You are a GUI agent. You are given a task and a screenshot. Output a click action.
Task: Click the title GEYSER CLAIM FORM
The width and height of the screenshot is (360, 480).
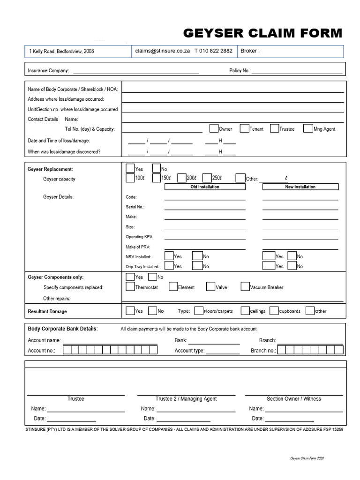click(x=262, y=33)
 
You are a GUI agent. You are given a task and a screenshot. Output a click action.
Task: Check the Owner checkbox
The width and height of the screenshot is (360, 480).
click(x=213, y=128)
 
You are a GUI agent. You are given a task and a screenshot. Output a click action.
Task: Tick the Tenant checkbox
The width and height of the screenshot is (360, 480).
click(x=244, y=128)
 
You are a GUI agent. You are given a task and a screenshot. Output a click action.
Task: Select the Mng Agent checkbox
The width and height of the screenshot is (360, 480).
click(x=308, y=128)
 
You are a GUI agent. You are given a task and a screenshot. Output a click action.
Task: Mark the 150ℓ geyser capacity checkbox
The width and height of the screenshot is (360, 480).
click(x=157, y=178)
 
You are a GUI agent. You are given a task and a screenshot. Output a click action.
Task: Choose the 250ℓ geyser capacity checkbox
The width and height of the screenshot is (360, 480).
click(x=207, y=178)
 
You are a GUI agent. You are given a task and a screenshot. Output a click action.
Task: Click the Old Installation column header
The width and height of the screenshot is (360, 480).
click(x=205, y=187)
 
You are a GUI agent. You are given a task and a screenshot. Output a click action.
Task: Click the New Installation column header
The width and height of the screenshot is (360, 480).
click(x=300, y=187)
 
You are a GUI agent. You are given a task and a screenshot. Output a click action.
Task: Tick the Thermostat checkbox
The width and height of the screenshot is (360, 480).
click(x=130, y=287)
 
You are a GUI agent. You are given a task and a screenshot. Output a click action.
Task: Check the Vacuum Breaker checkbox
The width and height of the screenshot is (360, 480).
click(x=245, y=287)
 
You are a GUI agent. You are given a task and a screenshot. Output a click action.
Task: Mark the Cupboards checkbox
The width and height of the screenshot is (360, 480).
click(x=274, y=310)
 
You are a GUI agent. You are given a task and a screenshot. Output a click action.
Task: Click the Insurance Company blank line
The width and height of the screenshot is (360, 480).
click(x=135, y=73)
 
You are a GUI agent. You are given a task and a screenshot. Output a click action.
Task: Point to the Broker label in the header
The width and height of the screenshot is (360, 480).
click(x=249, y=51)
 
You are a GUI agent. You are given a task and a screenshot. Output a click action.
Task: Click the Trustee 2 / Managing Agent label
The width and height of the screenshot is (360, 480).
click(x=186, y=399)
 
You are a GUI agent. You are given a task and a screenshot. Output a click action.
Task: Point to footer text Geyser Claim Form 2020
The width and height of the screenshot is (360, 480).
click(x=307, y=458)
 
